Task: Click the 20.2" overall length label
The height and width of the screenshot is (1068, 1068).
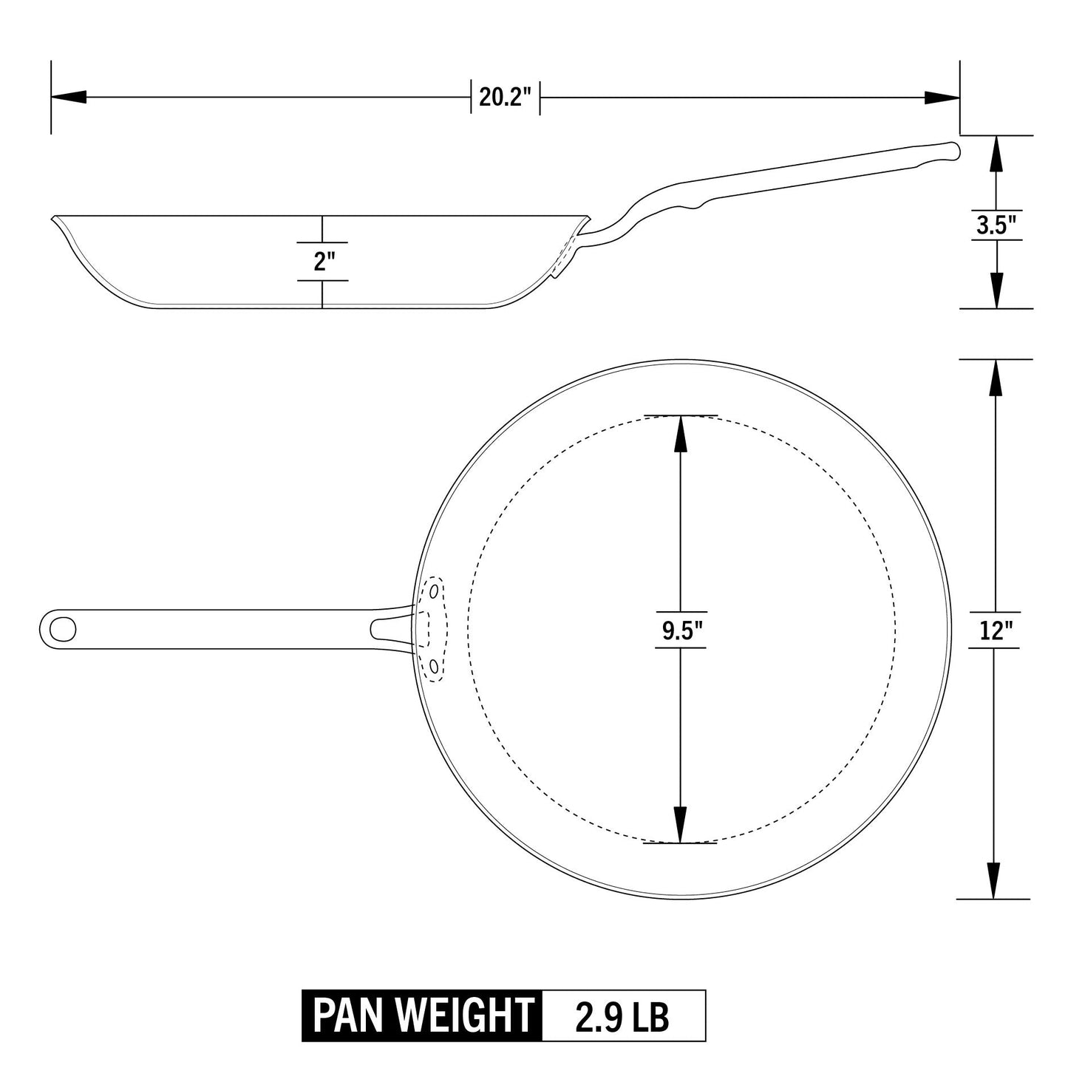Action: tap(506, 98)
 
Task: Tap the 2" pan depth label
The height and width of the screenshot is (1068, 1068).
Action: tap(323, 261)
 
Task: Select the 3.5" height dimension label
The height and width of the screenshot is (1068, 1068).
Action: tap(996, 225)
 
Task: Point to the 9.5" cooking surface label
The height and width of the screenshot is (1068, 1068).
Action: tap(681, 630)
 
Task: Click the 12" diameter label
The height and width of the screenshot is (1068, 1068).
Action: tap(995, 630)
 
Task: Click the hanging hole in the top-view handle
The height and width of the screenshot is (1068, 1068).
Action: tap(62, 628)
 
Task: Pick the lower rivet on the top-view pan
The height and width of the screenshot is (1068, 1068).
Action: tap(434, 667)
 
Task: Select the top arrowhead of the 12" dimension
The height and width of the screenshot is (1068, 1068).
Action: tap(996, 378)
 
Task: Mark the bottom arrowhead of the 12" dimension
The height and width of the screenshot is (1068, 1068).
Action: tap(996, 881)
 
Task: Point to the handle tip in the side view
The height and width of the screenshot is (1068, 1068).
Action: tap(955, 150)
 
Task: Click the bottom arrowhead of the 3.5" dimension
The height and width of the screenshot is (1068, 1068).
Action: tap(996, 290)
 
